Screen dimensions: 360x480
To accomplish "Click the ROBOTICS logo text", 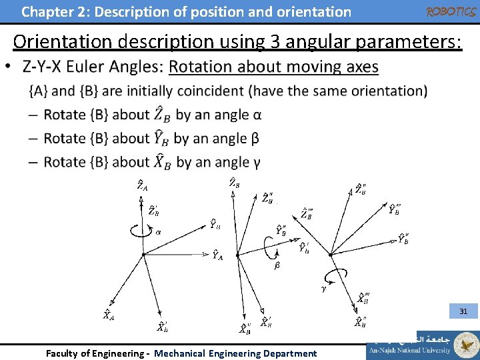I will (x=451, y=11).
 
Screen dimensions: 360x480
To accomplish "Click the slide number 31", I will (x=463, y=311).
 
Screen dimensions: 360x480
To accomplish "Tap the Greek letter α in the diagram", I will (x=158, y=233).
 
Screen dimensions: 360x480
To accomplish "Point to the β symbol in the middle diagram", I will (x=277, y=266).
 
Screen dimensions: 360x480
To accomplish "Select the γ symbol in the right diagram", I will (x=324, y=289).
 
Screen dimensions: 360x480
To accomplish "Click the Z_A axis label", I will (x=142, y=185).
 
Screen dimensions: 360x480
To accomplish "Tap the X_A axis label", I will (x=107, y=315).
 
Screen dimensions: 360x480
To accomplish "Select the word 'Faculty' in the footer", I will (x=62, y=353).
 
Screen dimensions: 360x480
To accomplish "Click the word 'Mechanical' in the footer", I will (x=179, y=353).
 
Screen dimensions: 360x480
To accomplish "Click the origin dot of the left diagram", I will (x=143, y=254).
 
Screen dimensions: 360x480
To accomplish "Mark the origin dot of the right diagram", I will (x=331, y=254).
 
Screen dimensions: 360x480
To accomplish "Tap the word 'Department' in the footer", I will (x=288, y=353).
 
